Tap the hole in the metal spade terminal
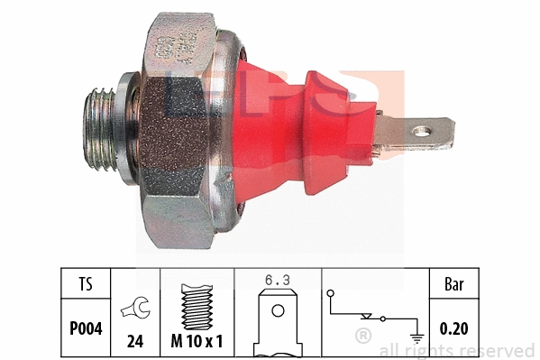(x=421, y=134)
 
